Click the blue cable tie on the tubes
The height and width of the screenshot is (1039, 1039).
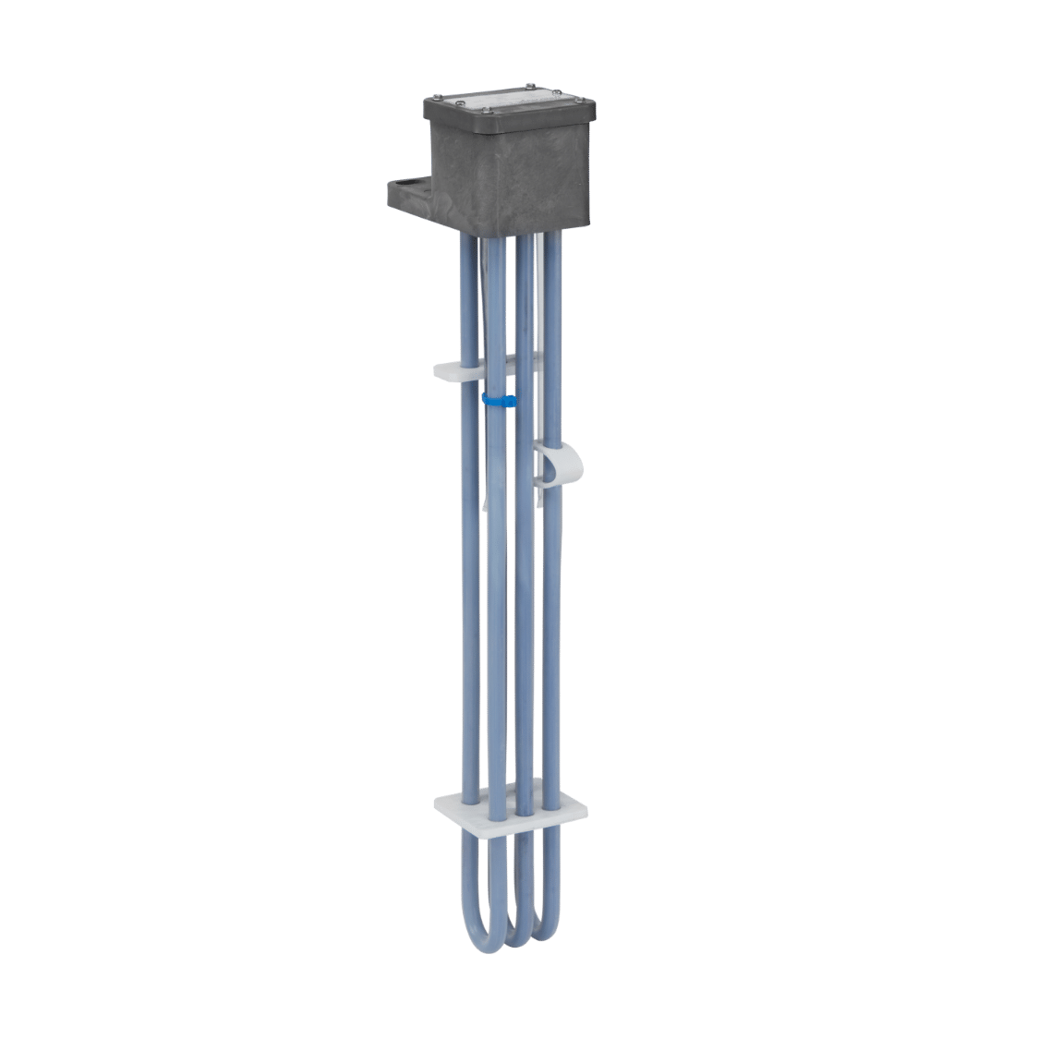496,399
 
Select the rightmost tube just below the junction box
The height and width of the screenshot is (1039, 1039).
551,249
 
